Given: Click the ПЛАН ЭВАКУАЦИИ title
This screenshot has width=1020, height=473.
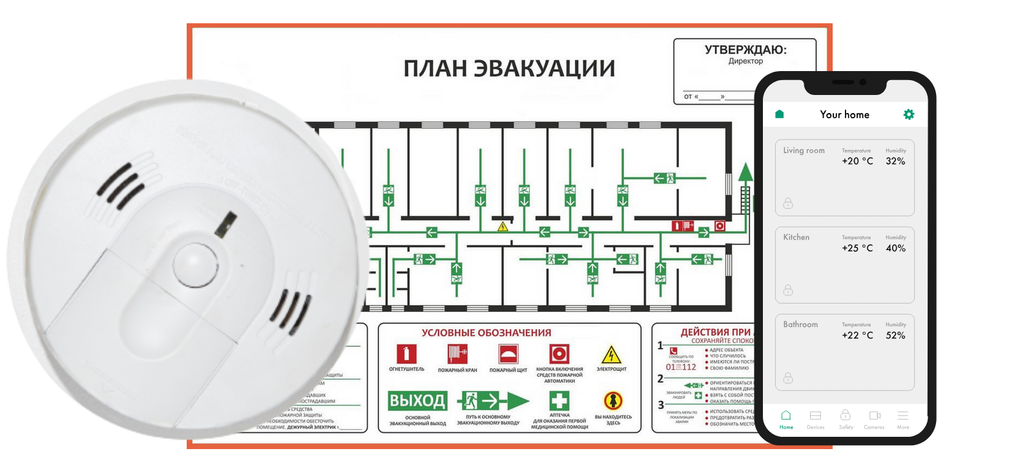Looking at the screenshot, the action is (x=509, y=68).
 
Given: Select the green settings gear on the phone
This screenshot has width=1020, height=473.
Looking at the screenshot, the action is (x=908, y=114).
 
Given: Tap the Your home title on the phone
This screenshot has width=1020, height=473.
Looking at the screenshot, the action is (x=844, y=114).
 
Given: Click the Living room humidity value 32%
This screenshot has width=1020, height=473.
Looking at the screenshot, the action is (x=895, y=162).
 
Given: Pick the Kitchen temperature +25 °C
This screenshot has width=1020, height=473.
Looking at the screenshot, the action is (x=857, y=248).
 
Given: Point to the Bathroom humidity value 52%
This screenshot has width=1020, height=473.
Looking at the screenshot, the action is (x=895, y=335).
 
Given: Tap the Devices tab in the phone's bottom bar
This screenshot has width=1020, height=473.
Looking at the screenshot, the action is (x=815, y=419).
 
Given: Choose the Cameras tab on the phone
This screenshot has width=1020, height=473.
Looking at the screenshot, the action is (x=874, y=419).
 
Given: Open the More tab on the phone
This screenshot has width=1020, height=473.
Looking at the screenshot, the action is (x=903, y=419).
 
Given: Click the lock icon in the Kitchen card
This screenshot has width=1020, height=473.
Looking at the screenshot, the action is (x=788, y=290).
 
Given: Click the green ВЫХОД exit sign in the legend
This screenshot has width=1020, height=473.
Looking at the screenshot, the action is (x=417, y=401).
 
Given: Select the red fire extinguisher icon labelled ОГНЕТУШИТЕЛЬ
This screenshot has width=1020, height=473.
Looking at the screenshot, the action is (x=406, y=354).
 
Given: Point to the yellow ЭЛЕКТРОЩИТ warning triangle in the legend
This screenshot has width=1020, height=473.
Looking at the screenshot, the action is (x=611, y=355).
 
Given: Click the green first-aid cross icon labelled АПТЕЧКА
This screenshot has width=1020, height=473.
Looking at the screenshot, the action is (x=559, y=401).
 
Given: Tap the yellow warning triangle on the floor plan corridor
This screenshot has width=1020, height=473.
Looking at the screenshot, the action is (x=503, y=227).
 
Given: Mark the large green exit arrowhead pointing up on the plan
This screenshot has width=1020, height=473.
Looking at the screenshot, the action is (x=745, y=172).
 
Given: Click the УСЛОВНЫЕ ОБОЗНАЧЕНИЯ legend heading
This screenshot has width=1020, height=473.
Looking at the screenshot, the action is (x=486, y=333).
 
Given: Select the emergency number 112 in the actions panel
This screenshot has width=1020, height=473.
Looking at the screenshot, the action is (x=689, y=367).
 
